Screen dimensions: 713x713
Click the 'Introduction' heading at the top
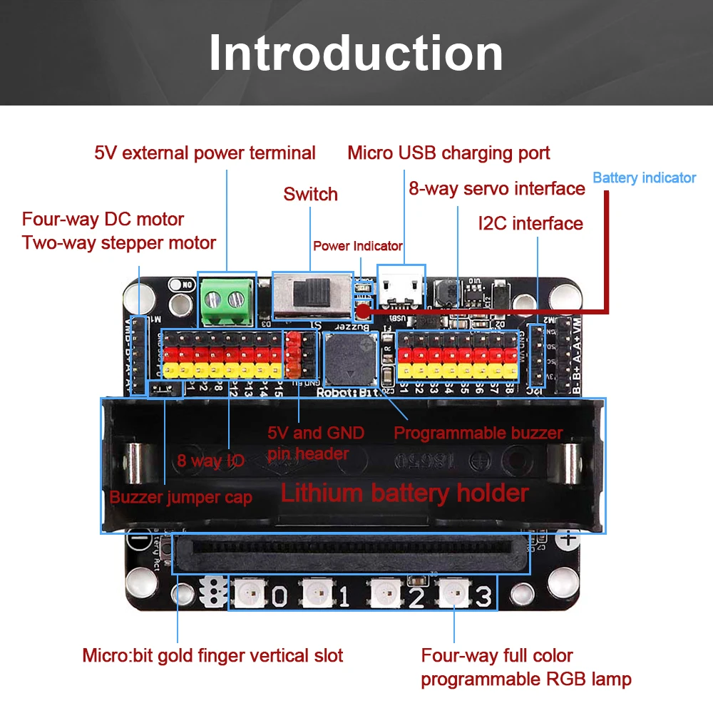point(356,53)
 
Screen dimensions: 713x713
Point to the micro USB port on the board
point(401,288)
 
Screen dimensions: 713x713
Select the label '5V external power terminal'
point(205,153)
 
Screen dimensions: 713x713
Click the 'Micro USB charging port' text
point(448,153)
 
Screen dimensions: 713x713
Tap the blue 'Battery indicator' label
point(644,178)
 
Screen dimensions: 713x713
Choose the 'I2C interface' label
point(530,223)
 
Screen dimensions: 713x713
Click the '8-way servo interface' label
point(497,189)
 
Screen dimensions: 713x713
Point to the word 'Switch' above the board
point(310,194)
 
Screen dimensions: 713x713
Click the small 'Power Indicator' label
point(358,246)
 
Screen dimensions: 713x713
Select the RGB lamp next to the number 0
point(250,593)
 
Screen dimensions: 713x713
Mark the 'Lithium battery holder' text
point(404,493)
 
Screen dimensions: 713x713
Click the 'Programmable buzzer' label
point(478,433)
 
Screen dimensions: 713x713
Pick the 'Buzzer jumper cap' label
point(180,497)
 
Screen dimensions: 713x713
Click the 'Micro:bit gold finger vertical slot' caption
point(212,655)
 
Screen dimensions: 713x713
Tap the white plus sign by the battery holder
point(568,538)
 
